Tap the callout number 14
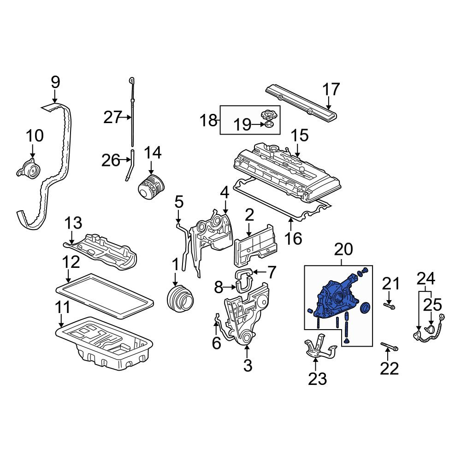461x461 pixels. point(153,153)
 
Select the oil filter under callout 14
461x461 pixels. point(151,188)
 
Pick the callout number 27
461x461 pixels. point(112,117)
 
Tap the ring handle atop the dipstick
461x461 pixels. point(132,80)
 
